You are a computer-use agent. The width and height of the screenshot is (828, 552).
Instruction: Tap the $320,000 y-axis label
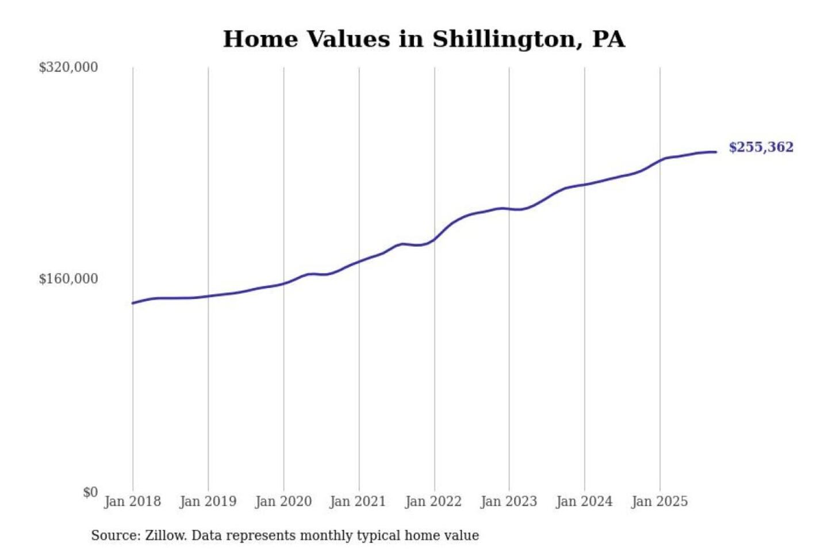point(68,67)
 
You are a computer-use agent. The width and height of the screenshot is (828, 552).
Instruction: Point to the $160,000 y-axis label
point(68,279)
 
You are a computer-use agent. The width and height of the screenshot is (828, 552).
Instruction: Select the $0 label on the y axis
point(90,492)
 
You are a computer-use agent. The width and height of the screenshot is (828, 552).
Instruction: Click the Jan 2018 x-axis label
point(132,501)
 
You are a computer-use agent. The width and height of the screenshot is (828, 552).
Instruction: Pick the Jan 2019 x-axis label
point(208,501)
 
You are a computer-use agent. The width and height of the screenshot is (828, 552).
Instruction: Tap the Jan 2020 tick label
point(283,501)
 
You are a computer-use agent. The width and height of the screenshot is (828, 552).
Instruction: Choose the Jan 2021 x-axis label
point(358,501)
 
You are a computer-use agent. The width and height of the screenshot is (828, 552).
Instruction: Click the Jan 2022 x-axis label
point(433,501)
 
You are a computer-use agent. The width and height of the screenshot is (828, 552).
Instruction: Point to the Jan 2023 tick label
point(508,501)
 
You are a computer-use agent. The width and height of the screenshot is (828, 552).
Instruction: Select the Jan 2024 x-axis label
point(584,501)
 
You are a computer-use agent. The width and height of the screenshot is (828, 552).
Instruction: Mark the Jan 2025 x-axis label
point(659,501)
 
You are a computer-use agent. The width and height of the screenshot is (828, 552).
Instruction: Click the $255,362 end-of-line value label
point(761,147)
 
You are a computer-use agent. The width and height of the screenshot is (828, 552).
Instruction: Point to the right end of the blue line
point(716,152)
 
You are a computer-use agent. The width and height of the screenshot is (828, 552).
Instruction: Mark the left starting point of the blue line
point(133,303)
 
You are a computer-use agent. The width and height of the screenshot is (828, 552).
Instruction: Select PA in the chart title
point(608,39)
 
